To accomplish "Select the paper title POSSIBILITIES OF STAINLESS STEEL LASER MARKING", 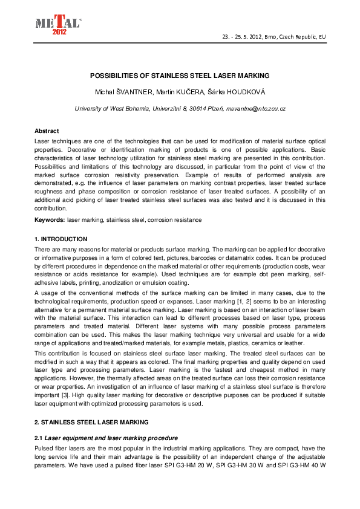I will (179, 76).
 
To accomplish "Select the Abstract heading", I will (47, 131).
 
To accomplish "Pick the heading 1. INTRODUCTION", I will (61, 239).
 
